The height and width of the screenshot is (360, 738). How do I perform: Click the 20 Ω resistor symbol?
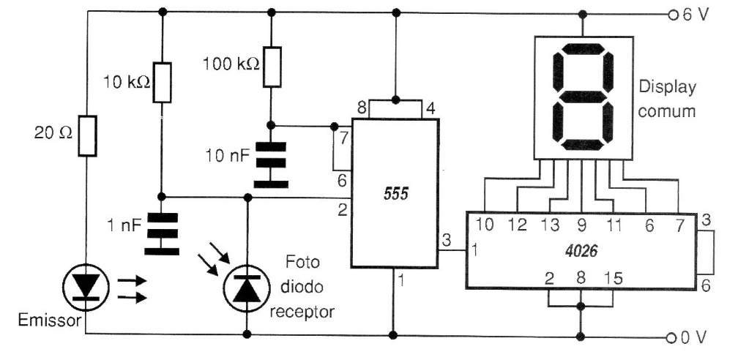tap(87, 135)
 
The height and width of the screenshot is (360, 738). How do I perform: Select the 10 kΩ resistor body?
tap(162, 83)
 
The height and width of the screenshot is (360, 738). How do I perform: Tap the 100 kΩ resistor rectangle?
tap(272, 67)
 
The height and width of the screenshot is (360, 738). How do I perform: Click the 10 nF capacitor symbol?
tap(271, 165)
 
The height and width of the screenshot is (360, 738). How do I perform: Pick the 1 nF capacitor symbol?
tap(162, 234)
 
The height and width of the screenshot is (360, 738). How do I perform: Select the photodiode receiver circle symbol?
tap(247, 288)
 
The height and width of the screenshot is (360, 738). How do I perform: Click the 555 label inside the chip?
tap(396, 193)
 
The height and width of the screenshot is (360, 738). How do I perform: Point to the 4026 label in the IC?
tap(581, 251)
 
